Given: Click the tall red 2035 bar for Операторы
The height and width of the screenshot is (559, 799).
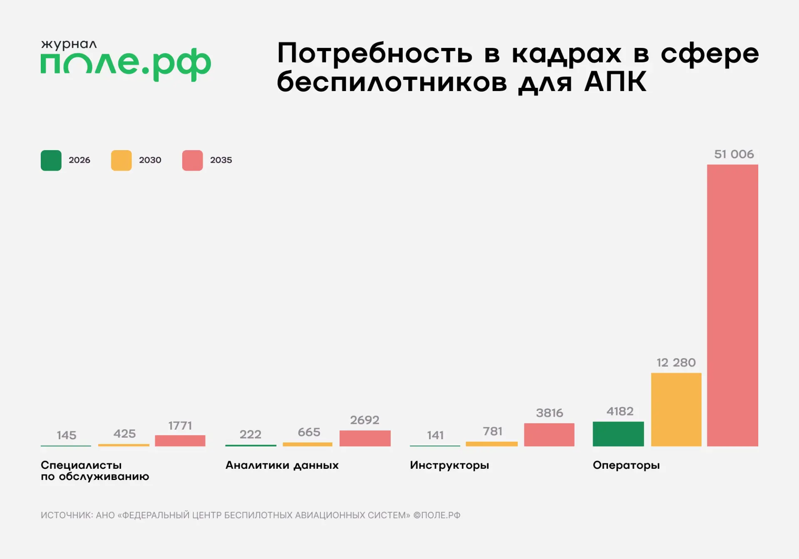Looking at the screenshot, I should click(x=732, y=305).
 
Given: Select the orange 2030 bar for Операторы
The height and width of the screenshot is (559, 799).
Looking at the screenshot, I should click(x=676, y=409).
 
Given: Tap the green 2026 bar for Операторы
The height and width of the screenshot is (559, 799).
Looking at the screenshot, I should click(x=618, y=434).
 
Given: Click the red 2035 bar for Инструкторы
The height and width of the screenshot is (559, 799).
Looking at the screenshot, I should click(x=549, y=435).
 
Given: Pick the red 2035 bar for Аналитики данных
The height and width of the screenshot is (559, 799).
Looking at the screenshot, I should click(x=365, y=438).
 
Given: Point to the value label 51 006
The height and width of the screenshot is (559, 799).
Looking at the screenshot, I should click(x=734, y=154).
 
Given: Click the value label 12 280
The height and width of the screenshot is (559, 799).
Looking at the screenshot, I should click(x=676, y=363).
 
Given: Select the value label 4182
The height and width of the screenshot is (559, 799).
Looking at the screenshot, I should click(x=620, y=411).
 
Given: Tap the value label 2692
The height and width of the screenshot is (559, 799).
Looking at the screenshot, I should click(x=365, y=420).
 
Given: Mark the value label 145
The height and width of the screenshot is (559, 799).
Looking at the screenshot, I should click(x=67, y=435).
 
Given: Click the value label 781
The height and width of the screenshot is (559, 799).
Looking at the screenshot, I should click(x=492, y=431).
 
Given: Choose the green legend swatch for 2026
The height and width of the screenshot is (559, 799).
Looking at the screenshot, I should click(x=51, y=161).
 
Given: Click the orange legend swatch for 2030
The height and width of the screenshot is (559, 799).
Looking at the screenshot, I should click(x=122, y=161).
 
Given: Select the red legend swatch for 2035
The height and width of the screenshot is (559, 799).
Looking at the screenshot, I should click(x=192, y=161).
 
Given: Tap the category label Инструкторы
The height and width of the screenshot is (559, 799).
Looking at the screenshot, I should click(x=449, y=465).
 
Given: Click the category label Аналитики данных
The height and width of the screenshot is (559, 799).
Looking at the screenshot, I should click(x=282, y=465).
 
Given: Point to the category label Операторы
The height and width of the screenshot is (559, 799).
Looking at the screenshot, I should click(x=626, y=465).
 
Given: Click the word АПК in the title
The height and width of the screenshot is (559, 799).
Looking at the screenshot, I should click(x=615, y=82).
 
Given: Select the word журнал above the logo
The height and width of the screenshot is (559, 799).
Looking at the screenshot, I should click(x=69, y=45).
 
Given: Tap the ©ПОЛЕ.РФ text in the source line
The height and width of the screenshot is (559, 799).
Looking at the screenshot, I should click(x=437, y=515).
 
